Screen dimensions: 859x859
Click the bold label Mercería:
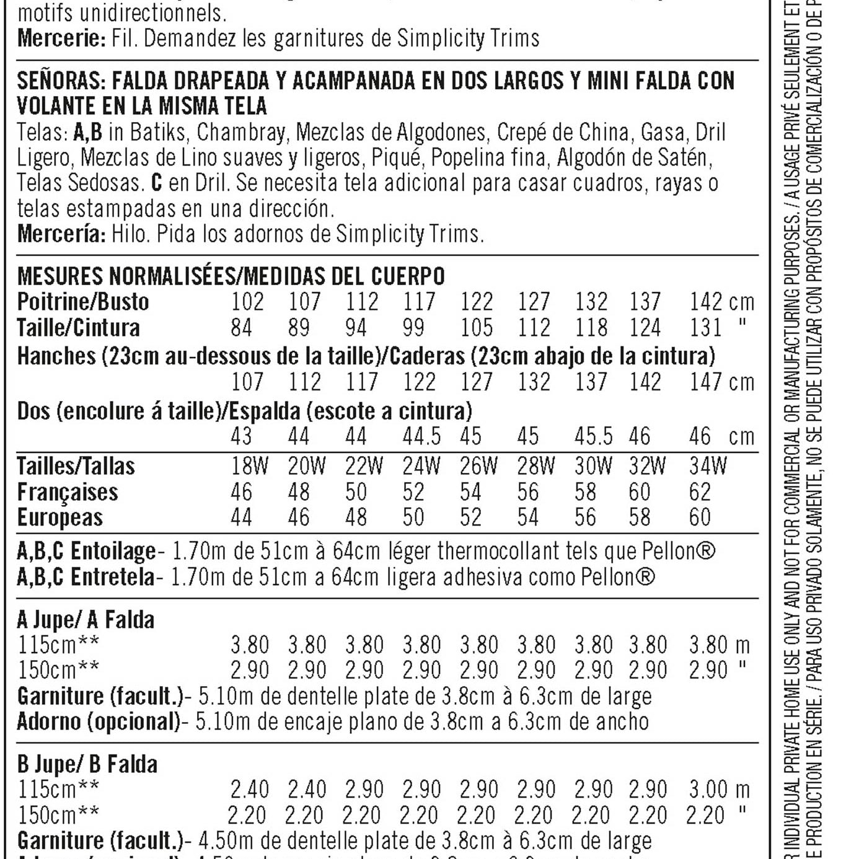(61, 234)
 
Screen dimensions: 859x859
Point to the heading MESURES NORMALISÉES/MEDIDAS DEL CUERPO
(231, 276)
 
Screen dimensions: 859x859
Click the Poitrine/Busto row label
(83, 302)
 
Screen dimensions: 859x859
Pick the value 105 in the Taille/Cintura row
(476, 327)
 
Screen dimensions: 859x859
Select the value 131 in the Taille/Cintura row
(705, 327)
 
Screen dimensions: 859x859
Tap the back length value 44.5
(421, 436)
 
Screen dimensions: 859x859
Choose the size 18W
(249, 465)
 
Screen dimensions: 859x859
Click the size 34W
(708, 465)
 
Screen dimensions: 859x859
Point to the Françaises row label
(67, 492)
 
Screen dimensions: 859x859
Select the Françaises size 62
(700, 492)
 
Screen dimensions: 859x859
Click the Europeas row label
(59, 518)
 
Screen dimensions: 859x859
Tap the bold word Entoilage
(113, 550)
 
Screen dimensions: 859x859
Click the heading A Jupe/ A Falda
(86, 619)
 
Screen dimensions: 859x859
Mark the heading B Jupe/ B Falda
(87, 764)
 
